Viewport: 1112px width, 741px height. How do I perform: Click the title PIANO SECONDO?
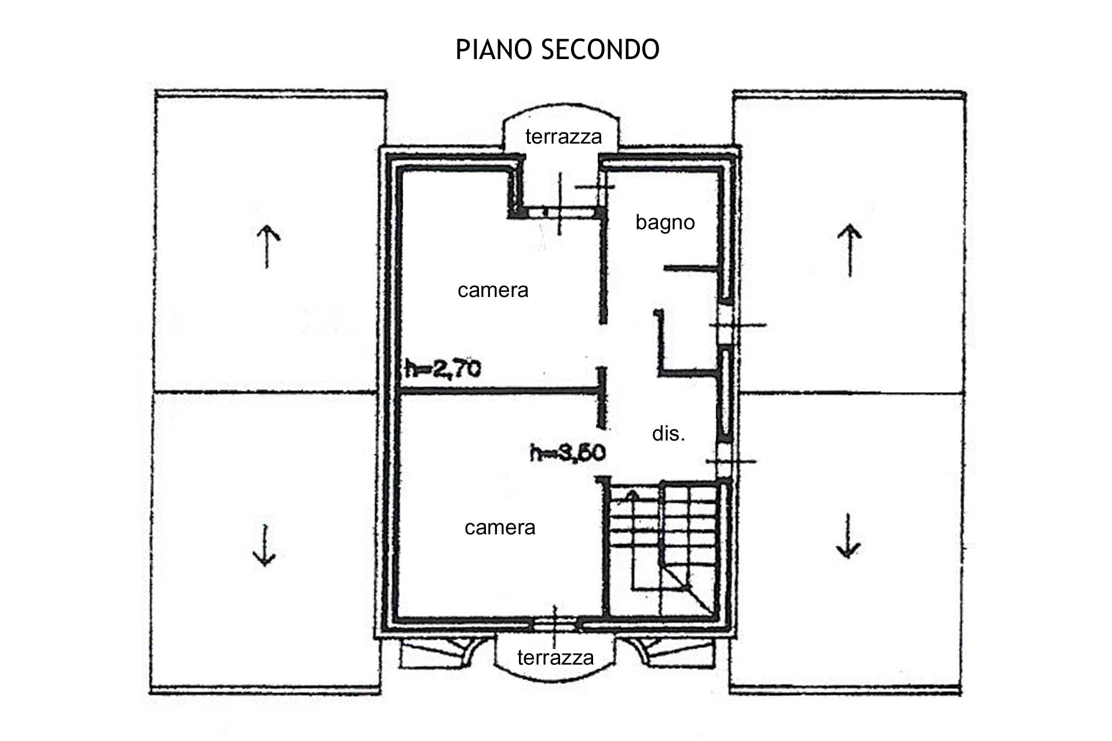pyautogui.click(x=557, y=50)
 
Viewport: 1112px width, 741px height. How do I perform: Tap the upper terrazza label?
pyautogui.click(x=564, y=137)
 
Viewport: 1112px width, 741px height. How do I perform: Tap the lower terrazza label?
pyautogui.click(x=555, y=658)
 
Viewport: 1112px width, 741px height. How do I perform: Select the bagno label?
pyautogui.click(x=665, y=223)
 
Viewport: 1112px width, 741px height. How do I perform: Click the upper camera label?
pyautogui.click(x=493, y=290)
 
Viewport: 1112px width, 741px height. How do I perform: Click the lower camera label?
pyautogui.click(x=500, y=527)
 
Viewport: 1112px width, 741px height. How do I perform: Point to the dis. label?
pyautogui.click(x=668, y=434)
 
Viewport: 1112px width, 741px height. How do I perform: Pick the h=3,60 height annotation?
pyautogui.click(x=568, y=452)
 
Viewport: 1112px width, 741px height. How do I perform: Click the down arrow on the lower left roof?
pyautogui.click(x=264, y=545)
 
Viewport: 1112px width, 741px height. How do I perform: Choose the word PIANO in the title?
pyautogui.click(x=494, y=50)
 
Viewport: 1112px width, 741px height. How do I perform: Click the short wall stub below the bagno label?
pyautogui.click(x=691, y=268)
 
